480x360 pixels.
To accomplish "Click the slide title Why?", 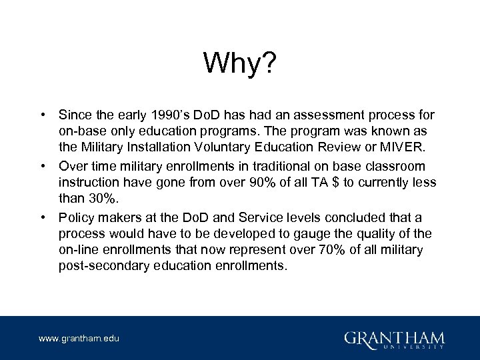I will pyautogui.click(x=240, y=64).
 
